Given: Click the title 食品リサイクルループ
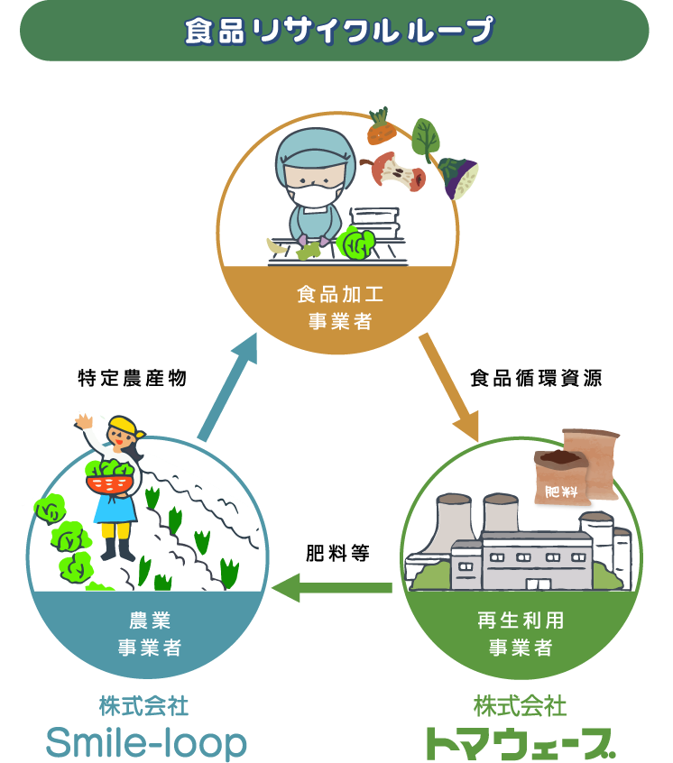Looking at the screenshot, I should coord(338,31).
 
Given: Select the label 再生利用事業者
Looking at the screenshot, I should coord(521,633).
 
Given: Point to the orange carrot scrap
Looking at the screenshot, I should coord(381,130).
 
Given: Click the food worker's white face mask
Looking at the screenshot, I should coord(315,192).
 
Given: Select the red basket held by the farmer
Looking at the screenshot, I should coord(109,483).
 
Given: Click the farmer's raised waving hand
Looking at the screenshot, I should coord(84,420).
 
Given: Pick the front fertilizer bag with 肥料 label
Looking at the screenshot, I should coord(560,478).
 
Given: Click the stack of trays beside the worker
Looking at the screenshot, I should coord(375,222).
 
